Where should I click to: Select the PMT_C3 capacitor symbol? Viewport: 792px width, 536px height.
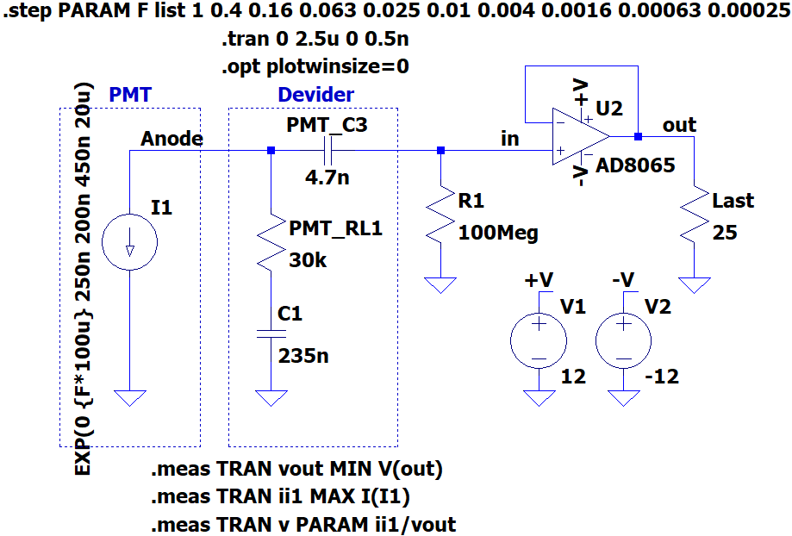327,151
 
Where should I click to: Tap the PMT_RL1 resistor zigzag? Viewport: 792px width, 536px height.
271,242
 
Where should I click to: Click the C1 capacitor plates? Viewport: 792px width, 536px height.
271,334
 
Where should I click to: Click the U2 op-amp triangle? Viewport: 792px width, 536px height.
581,136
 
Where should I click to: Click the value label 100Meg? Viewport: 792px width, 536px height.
498,233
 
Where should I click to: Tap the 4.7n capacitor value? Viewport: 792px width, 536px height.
327,178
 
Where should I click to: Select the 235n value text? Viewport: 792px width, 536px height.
303,356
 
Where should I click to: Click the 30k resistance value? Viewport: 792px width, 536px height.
308,260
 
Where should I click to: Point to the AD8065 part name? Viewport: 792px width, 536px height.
635,165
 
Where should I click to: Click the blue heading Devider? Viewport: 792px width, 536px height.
316,95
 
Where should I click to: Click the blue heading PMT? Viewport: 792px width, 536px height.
130,95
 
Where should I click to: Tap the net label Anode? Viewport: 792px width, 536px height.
171,139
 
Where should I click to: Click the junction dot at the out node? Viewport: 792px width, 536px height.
638,136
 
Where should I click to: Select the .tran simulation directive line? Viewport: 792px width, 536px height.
315,39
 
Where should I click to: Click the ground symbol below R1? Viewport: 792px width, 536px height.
441,285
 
